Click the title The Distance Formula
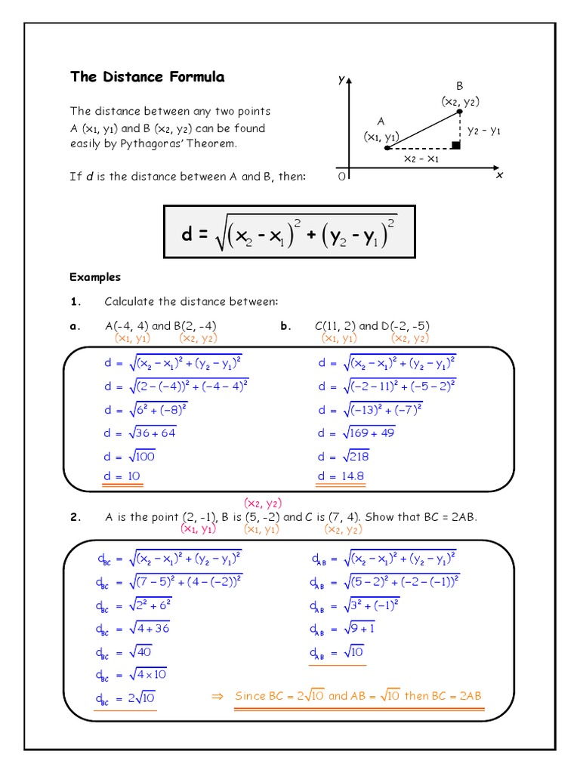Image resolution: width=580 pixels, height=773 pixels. [x=147, y=77]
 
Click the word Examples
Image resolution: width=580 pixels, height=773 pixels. [x=95, y=277]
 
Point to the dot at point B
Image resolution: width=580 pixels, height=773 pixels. [x=460, y=112]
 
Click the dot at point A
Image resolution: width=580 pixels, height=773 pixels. [x=387, y=148]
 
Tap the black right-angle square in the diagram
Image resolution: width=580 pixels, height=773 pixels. [x=455, y=143]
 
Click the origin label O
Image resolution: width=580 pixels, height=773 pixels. [x=341, y=176]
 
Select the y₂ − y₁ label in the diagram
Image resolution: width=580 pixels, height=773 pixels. [x=484, y=130]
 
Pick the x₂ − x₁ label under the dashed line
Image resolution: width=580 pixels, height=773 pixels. [x=421, y=159]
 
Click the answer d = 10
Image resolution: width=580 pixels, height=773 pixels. [x=122, y=476]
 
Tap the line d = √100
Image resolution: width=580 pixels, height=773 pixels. [x=131, y=456]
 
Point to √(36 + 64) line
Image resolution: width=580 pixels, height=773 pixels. [x=140, y=433]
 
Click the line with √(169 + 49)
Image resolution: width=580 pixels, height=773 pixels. [x=357, y=433]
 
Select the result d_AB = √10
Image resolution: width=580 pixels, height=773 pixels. [x=337, y=652]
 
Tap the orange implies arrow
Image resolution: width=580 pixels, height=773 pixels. [x=217, y=696]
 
